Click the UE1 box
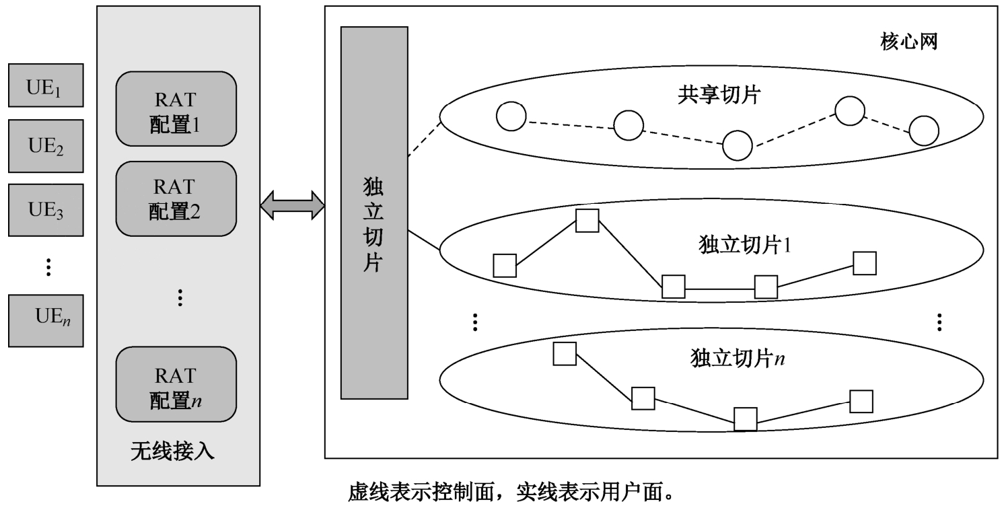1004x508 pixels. (46, 85)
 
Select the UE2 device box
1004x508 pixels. (46, 145)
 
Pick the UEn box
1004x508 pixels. (46, 320)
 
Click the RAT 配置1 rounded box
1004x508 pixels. (176, 108)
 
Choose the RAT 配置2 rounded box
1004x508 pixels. (176, 199)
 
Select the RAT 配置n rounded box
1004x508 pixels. (176, 384)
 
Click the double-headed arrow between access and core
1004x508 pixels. (293, 205)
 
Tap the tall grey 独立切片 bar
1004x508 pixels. (374, 213)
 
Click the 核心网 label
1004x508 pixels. (908, 42)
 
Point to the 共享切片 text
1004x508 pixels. (717, 95)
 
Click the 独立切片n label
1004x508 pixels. (738, 357)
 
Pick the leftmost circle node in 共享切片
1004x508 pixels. (511, 116)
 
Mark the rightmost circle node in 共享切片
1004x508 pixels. (923, 131)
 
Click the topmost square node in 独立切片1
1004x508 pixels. (587, 221)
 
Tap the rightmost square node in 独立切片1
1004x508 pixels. (865, 263)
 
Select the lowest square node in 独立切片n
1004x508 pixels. (746, 419)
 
